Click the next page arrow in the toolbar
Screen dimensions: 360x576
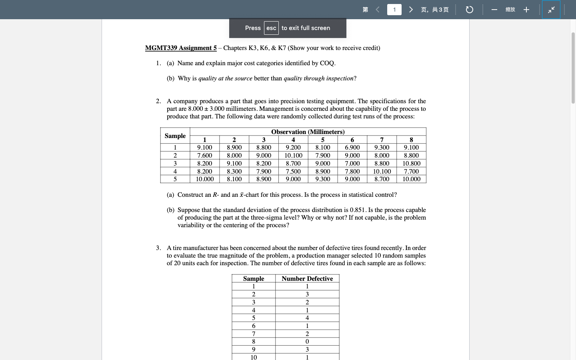point(411,10)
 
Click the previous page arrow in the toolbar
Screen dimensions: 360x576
point(378,10)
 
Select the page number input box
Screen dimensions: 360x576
point(394,10)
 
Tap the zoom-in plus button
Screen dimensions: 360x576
point(526,10)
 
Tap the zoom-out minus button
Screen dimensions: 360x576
point(494,10)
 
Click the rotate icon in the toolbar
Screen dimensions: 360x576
point(470,10)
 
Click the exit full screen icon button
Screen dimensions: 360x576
point(551,10)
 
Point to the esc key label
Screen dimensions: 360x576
point(271,28)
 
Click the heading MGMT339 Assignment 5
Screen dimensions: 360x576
point(181,48)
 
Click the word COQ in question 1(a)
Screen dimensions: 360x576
point(327,63)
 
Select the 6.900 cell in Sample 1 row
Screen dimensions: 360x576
point(352,148)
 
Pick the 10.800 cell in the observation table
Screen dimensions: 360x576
point(411,164)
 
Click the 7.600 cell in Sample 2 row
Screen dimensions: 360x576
point(204,156)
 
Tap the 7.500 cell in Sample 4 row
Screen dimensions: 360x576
point(293,172)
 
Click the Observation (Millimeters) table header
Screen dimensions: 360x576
point(308,132)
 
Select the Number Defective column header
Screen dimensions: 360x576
point(307,279)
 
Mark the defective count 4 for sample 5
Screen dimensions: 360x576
point(307,318)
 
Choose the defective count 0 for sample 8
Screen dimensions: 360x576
point(307,342)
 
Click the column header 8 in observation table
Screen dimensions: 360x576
point(411,140)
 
